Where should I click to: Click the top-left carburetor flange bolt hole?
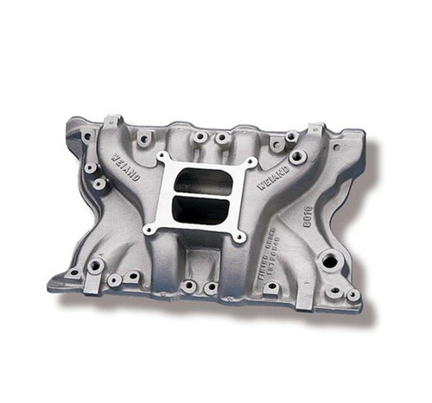pyautogui.click(x=162, y=157)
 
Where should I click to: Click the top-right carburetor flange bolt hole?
pyautogui.click(x=250, y=162)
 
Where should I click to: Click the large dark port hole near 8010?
pyautogui.click(x=328, y=258)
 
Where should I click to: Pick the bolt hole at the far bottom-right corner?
pyautogui.click(x=353, y=295)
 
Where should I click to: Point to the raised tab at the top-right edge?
pyautogui.click(x=315, y=129)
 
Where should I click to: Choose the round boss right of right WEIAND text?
pyautogui.click(x=298, y=158)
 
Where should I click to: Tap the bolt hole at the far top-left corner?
pyautogui.click(x=86, y=135)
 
